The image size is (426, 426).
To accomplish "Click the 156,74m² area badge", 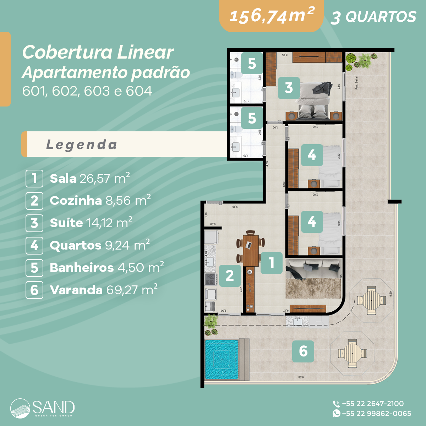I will (x=272, y=16).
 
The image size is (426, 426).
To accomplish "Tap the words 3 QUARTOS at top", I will (x=373, y=17).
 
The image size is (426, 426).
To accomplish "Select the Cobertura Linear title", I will (x=98, y=53).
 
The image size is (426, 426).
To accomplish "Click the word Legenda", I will (x=81, y=144).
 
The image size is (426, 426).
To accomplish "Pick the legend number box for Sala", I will (x=34, y=178).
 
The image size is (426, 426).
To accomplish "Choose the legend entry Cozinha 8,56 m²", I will (x=100, y=201).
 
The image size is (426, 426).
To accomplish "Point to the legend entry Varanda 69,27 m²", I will (x=104, y=290).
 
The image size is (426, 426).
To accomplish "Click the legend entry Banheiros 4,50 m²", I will (x=106, y=267).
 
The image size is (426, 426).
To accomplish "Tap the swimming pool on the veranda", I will (x=222, y=360).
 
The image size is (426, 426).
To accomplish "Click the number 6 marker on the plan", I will (x=303, y=351).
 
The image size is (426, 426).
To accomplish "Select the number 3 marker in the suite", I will (x=289, y=88).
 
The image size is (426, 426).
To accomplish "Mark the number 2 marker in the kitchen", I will (x=230, y=275).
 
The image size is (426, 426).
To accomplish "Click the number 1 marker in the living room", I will (x=272, y=263).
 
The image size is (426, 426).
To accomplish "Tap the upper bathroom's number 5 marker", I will (x=252, y=64).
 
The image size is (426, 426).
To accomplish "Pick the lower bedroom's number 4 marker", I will (x=312, y=222).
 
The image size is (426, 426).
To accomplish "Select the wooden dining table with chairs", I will (x=251, y=248).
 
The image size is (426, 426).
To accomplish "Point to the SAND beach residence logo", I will (x=43, y=408).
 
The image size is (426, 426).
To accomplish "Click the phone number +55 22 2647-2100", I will (x=372, y=404).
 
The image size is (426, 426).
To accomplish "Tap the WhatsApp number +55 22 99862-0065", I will (x=376, y=414).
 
